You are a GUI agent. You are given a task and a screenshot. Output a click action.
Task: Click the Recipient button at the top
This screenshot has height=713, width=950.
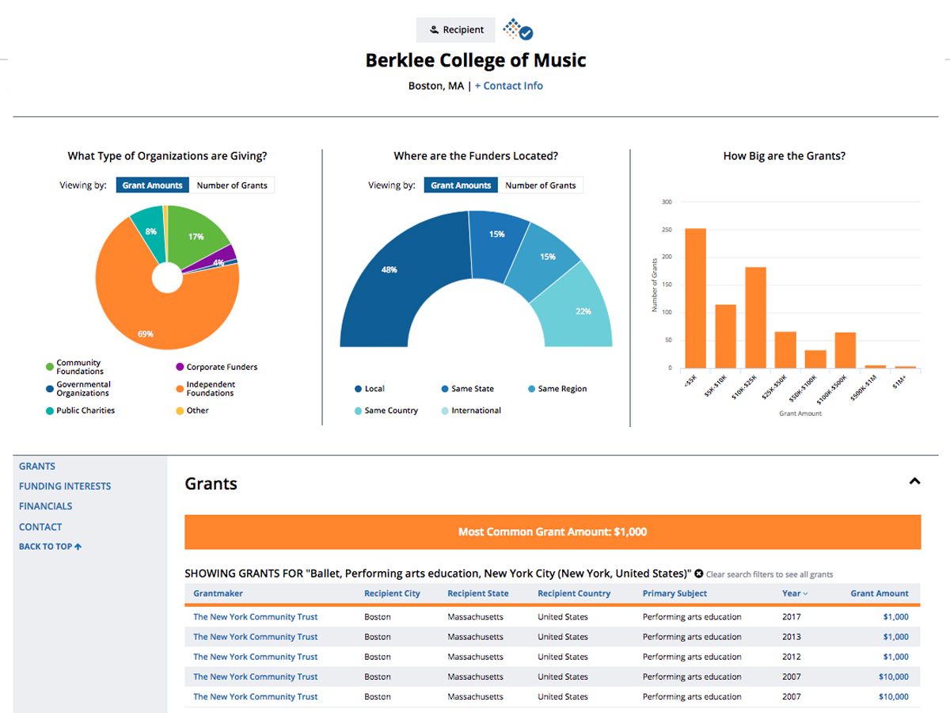coord(456,30)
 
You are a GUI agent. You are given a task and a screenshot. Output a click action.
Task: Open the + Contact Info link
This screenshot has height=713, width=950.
coord(508,86)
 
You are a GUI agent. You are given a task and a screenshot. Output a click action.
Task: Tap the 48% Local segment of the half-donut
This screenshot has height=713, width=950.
coord(392,273)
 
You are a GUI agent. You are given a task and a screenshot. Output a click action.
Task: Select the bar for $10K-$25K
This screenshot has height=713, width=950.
coord(755,317)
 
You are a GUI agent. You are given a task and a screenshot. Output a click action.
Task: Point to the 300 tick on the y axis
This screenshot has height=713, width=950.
coord(667,202)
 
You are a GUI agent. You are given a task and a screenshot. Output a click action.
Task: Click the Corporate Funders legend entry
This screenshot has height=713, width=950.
coord(221,368)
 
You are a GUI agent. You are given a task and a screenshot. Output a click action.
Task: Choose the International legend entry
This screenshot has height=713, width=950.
coord(475,410)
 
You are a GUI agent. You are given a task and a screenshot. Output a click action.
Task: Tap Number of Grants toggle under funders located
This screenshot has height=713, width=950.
coord(541,185)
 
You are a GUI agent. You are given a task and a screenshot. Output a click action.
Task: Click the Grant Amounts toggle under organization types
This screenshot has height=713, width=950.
coord(153,185)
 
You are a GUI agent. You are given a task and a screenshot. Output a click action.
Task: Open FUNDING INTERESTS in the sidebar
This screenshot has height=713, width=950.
coord(65,486)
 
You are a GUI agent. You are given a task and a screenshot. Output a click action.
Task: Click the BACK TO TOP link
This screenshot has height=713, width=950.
coord(50,547)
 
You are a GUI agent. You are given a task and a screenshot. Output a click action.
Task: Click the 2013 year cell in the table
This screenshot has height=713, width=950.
coord(791,637)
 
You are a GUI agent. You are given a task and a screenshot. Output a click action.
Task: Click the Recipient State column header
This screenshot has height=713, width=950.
coord(478,593)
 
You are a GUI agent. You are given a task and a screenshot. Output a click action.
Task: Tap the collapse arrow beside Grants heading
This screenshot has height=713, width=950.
coord(914,481)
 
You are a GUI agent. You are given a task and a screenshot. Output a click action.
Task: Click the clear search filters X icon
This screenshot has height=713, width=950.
coord(699,574)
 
